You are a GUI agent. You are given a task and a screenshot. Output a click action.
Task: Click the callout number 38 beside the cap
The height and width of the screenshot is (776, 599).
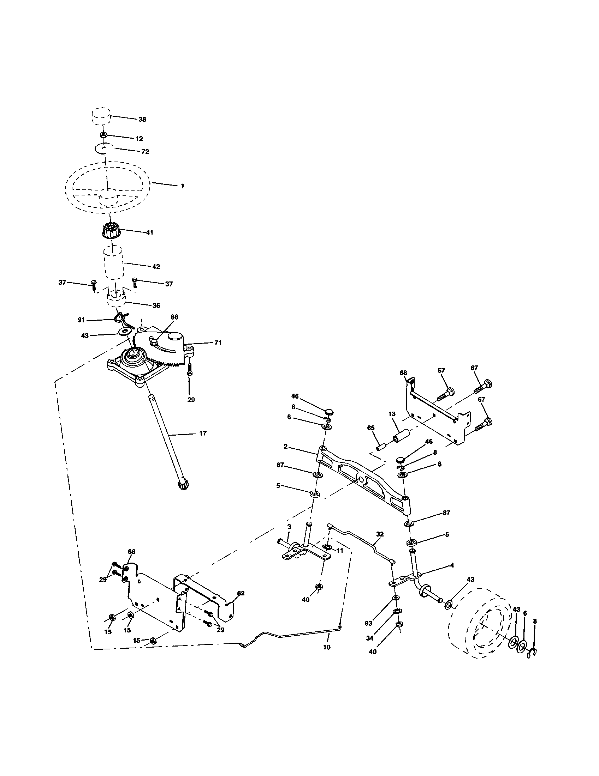[142, 119]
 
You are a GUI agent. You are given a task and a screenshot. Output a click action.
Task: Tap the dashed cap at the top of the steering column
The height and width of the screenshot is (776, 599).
[100, 115]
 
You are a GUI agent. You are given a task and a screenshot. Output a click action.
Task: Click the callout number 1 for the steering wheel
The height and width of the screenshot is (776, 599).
[183, 186]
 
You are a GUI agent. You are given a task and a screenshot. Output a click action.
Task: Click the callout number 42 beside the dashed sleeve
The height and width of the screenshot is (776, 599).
[156, 266]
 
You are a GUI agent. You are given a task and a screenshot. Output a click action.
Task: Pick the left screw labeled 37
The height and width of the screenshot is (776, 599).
[94, 285]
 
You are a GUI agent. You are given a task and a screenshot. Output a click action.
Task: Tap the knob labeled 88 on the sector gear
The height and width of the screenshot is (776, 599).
[154, 342]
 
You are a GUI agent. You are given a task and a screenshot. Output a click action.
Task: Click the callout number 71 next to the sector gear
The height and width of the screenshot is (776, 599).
[218, 343]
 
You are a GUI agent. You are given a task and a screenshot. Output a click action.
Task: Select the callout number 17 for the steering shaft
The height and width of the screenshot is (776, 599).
[203, 434]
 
